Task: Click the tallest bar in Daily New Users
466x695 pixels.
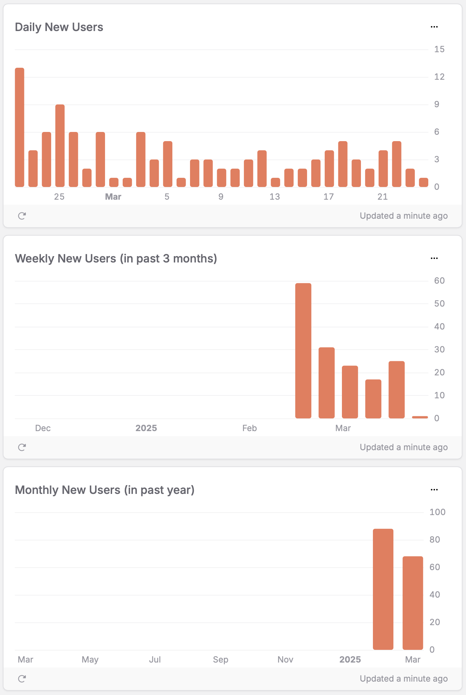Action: (x=20, y=127)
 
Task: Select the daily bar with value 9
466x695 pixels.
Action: (x=60, y=145)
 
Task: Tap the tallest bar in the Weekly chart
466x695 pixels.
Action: (x=303, y=351)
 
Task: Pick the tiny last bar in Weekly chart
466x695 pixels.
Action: (x=420, y=417)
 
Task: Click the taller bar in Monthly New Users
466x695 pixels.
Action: (x=383, y=589)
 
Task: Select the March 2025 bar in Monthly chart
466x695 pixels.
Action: (x=413, y=603)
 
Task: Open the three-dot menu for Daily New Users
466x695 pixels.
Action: (x=434, y=27)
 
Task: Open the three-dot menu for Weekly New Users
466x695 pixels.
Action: (x=434, y=258)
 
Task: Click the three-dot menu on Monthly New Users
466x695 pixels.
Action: (x=434, y=490)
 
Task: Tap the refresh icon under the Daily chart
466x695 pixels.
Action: (x=22, y=216)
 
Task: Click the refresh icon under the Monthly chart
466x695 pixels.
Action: (x=22, y=679)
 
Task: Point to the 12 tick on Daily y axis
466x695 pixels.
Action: (x=439, y=77)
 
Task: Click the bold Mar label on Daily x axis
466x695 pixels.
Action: (x=113, y=197)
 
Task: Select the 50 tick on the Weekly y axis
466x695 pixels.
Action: (x=439, y=304)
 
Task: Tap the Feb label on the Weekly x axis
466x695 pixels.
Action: (x=249, y=428)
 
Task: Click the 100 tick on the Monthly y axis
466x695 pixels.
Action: (x=437, y=512)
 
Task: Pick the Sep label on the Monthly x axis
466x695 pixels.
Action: (x=221, y=660)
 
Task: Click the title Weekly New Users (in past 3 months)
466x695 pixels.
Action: (x=116, y=259)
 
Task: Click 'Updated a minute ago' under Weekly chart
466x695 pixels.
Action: (x=404, y=447)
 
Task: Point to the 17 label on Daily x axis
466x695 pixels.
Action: (x=329, y=197)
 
